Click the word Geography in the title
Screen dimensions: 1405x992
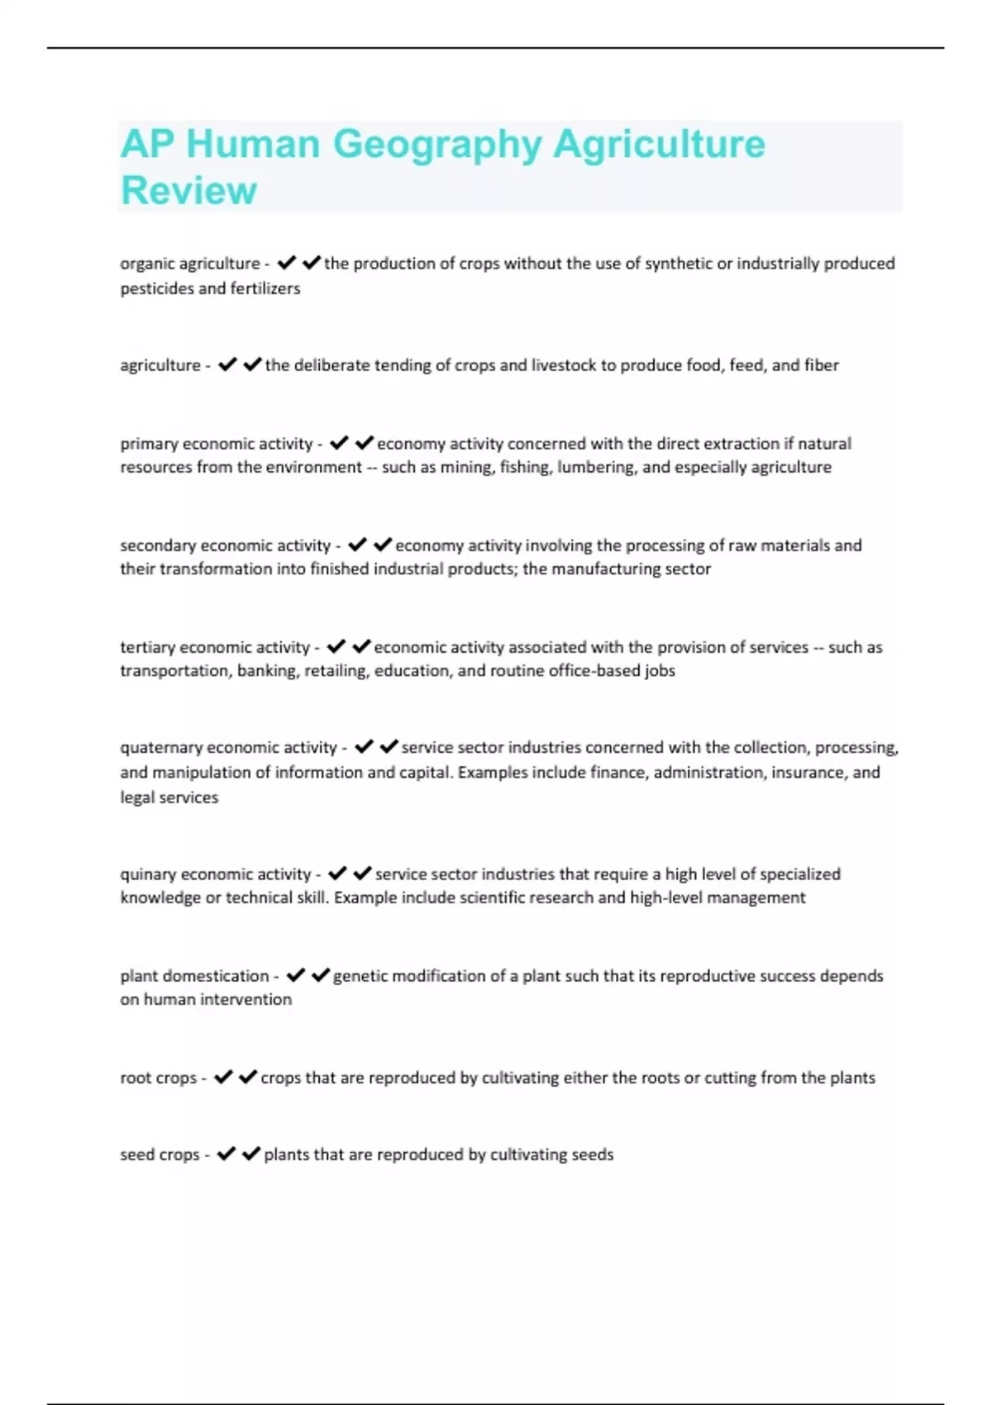pyautogui.click(x=436, y=144)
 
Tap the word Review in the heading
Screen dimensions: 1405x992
pyautogui.click(x=188, y=190)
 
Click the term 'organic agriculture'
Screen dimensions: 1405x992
pyautogui.click(x=190, y=264)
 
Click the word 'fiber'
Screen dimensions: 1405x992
pyautogui.click(x=821, y=365)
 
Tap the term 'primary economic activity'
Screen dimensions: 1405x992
pyautogui.click(x=217, y=444)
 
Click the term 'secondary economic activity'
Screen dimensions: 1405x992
pyautogui.click(x=225, y=545)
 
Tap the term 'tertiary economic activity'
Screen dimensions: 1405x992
pyautogui.click(x=215, y=647)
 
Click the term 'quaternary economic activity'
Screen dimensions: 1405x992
pyautogui.click(x=228, y=748)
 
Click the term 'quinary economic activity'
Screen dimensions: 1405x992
pyautogui.click(x=216, y=874)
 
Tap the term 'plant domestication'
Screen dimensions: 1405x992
pyautogui.click(x=194, y=976)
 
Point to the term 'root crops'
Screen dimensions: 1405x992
pyautogui.click(x=158, y=1078)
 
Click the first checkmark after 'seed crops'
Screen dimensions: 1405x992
pyautogui.click(x=226, y=1155)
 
